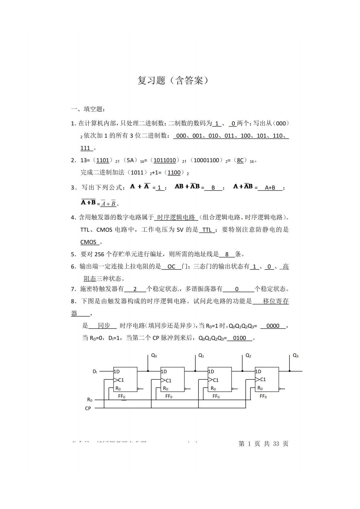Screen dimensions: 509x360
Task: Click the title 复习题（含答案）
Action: pyautogui.click(x=173, y=80)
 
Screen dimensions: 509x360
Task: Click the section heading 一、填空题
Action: pyautogui.click(x=87, y=109)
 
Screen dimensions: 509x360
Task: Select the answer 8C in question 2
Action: pyautogui.click(x=240, y=160)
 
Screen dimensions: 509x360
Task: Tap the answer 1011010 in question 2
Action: pyautogui.click(x=165, y=160)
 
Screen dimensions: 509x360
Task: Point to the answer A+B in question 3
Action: pyautogui.click(x=270, y=188)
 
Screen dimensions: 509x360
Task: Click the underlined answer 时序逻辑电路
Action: pyautogui.click(x=176, y=217)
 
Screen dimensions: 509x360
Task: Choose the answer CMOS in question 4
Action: pyautogui.click(x=88, y=242)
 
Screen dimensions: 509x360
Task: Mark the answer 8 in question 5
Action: pyautogui.click(x=227, y=254)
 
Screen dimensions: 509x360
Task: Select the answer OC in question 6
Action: pyautogui.click(x=171, y=266)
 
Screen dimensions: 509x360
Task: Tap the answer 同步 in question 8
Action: pyautogui.click(x=104, y=325)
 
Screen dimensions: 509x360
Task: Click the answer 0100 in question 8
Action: pyautogui.click(x=240, y=338)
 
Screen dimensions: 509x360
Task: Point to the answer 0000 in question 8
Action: pyautogui.click(x=273, y=326)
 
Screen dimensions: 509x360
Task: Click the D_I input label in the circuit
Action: pyautogui.click(x=95, y=371)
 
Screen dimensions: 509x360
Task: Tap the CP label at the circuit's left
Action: pyautogui.click(x=88, y=408)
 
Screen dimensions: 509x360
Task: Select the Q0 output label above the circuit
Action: pyautogui.click(x=154, y=356)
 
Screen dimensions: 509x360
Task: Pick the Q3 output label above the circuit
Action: pyautogui.click(x=296, y=356)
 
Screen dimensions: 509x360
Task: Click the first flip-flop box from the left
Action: pyautogui.click(x=125, y=380)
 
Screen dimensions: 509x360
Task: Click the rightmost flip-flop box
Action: pyautogui.click(x=267, y=380)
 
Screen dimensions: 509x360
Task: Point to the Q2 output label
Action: pyautogui.click(x=248, y=356)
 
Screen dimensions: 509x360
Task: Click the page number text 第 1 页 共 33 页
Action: pyautogui.click(x=263, y=444)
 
